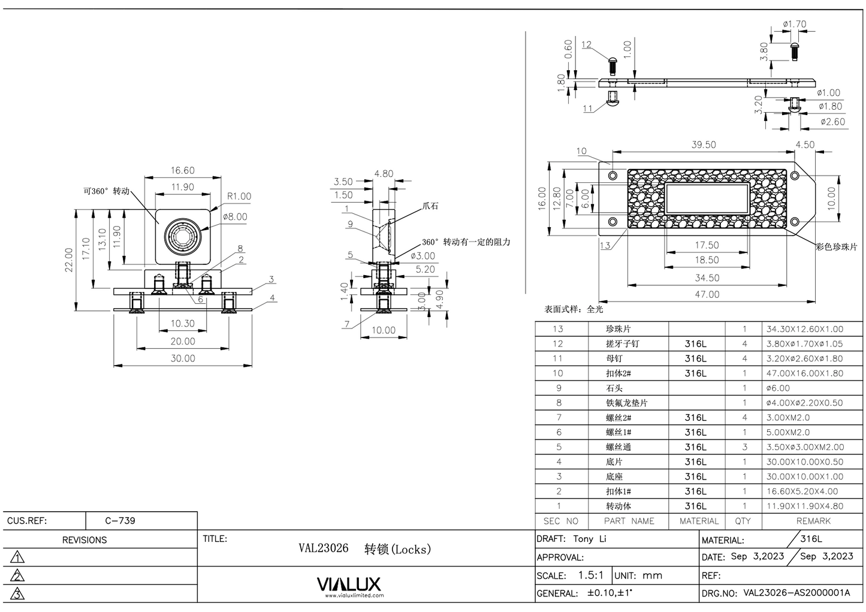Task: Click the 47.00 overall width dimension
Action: (707, 294)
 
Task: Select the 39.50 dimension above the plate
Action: (703, 145)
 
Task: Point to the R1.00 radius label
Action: (239, 197)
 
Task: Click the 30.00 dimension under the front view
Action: (183, 358)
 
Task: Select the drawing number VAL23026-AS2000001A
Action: (796, 593)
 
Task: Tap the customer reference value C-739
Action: (120, 520)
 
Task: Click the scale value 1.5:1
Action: (590, 575)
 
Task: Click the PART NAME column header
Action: (629, 521)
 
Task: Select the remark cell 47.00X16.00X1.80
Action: (804, 373)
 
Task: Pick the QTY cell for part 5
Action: (744, 447)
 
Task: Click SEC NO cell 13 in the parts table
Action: (558, 328)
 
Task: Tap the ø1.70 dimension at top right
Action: (794, 25)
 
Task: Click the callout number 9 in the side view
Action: (350, 224)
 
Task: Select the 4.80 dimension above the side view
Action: (384, 174)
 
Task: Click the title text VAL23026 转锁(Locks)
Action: (364, 548)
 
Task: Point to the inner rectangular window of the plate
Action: (707, 198)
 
